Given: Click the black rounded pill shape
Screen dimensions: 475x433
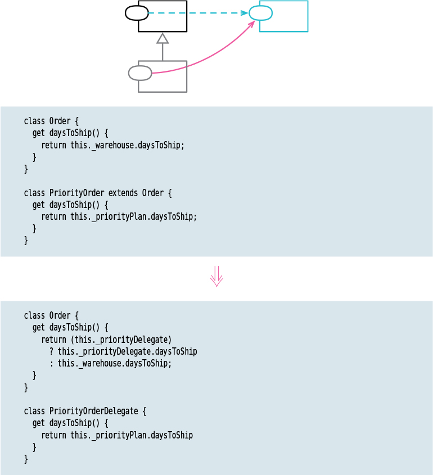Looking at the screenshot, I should (137, 13).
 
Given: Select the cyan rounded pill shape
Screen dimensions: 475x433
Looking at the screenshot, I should (260, 13).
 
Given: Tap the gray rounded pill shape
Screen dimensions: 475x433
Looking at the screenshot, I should (140, 73).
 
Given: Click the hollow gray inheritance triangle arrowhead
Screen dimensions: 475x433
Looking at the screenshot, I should (163, 38).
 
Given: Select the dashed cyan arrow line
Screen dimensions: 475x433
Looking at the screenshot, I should (197, 13).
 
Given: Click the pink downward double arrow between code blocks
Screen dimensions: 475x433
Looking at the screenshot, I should (216, 277).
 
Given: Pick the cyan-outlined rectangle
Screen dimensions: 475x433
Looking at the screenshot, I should (290, 16).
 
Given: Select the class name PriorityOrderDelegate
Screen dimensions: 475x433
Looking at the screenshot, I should (93, 411).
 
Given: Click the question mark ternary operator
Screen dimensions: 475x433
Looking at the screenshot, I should (52, 351).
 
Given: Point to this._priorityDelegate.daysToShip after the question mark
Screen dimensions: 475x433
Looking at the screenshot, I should (128, 351).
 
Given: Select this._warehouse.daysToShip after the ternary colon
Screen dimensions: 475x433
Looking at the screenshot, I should (115, 363).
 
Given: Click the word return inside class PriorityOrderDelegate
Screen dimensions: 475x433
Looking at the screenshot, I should (53, 435).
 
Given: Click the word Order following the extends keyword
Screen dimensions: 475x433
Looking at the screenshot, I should (152, 193).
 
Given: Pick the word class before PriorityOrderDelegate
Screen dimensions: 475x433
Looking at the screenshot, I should (34, 411).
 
